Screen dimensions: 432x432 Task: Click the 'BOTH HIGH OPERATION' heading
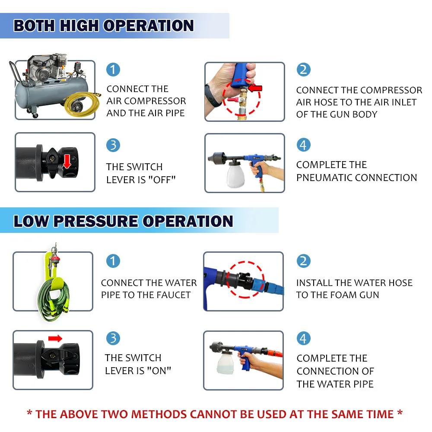[x=104, y=25]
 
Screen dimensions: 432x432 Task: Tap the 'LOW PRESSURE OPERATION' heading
[x=123, y=221]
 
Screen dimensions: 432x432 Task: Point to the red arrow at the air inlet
[x=255, y=88]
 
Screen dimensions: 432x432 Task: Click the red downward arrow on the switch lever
[x=67, y=162]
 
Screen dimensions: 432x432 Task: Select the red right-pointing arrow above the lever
[x=55, y=338]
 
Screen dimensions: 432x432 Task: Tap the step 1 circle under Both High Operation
[x=113, y=70]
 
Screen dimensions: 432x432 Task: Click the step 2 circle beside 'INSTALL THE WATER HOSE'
[x=303, y=261]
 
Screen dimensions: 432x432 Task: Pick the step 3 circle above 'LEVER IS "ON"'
[x=113, y=338]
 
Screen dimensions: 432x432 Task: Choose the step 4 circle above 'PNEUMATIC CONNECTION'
[x=303, y=145]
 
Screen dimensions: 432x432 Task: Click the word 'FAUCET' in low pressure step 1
[x=173, y=295]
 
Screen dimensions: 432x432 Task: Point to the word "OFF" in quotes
[x=162, y=180]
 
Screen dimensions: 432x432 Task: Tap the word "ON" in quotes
[x=159, y=371]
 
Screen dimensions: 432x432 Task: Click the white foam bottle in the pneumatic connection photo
[x=235, y=174]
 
